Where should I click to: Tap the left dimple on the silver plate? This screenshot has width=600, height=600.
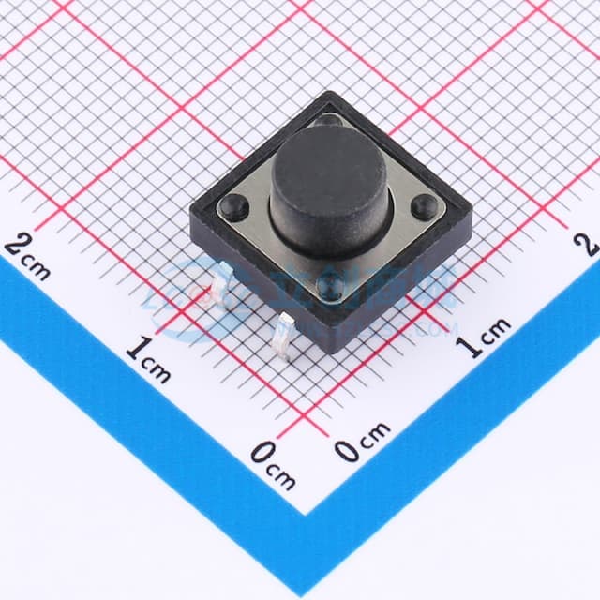pyautogui.click(x=234, y=205)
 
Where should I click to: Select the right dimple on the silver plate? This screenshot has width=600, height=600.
pyautogui.click(x=424, y=205)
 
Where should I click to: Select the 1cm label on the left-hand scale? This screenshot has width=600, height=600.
pyautogui.click(x=148, y=359)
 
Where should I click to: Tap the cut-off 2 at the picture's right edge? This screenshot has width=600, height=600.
pyautogui.click(x=591, y=244)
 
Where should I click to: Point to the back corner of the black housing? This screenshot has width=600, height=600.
pyautogui.click(x=330, y=92)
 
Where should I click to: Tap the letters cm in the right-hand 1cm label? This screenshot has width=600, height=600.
pyautogui.click(x=497, y=328)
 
